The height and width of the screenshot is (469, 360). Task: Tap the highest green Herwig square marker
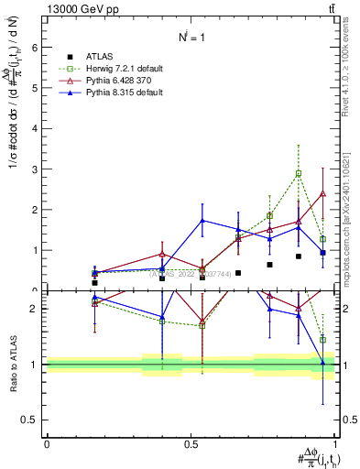click(299, 173)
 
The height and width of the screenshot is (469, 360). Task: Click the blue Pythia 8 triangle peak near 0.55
click(202, 221)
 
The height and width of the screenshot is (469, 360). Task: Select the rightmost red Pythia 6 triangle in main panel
click(322, 193)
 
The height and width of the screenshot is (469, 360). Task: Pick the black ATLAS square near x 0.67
click(238, 272)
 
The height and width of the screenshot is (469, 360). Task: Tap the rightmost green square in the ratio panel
click(322, 339)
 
